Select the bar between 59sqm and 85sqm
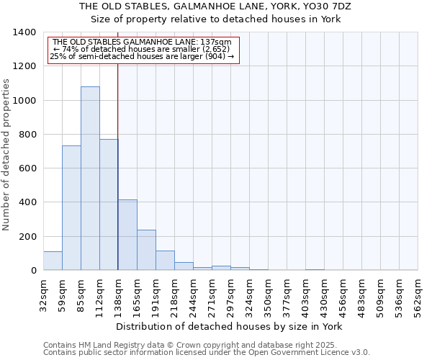click(x=71, y=208)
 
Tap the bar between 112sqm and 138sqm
click(x=109, y=204)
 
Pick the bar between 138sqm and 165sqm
click(x=127, y=235)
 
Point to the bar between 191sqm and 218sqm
click(x=165, y=261)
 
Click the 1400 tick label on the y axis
click(x=24, y=32)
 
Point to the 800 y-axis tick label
click(x=27, y=135)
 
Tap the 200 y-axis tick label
click(x=27, y=237)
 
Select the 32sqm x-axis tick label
click(x=43, y=294)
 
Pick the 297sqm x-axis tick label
click(x=230, y=294)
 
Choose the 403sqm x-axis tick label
click(x=305, y=294)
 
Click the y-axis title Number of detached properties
click(x=7, y=151)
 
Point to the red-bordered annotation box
click(x=143, y=50)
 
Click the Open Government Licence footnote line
click(x=207, y=353)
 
